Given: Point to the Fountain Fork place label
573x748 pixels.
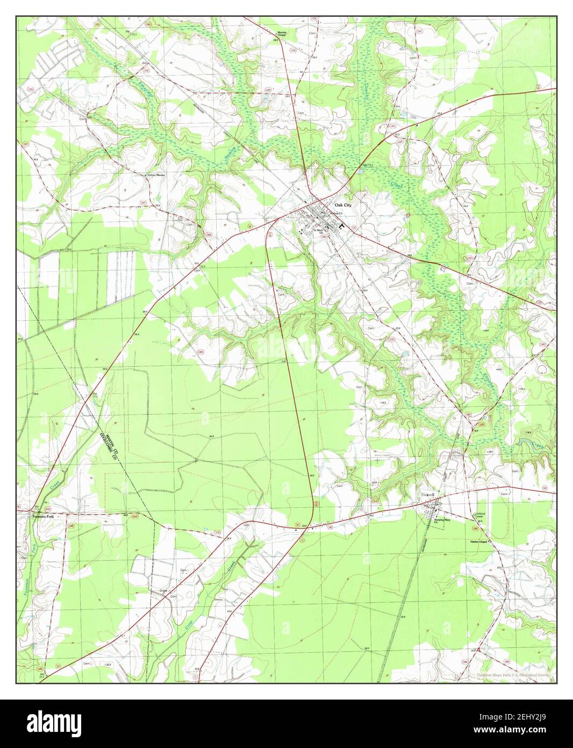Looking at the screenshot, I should pos(44,517).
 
